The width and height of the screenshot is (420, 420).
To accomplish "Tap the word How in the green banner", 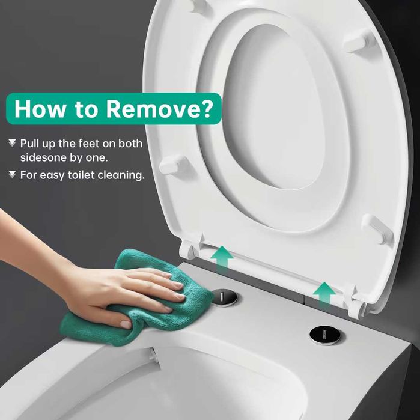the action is click(40, 109).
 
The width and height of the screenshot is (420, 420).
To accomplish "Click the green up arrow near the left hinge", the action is click(222, 257).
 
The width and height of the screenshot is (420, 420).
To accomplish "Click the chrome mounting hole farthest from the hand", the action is click(324, 335).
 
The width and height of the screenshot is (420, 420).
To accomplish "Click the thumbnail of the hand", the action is click(126, 324).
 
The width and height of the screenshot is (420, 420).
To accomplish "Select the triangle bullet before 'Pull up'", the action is click(12, 143).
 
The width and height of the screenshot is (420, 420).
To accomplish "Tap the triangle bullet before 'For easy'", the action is click(12, 175).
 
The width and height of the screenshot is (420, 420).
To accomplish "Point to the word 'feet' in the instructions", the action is click(90, 144).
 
